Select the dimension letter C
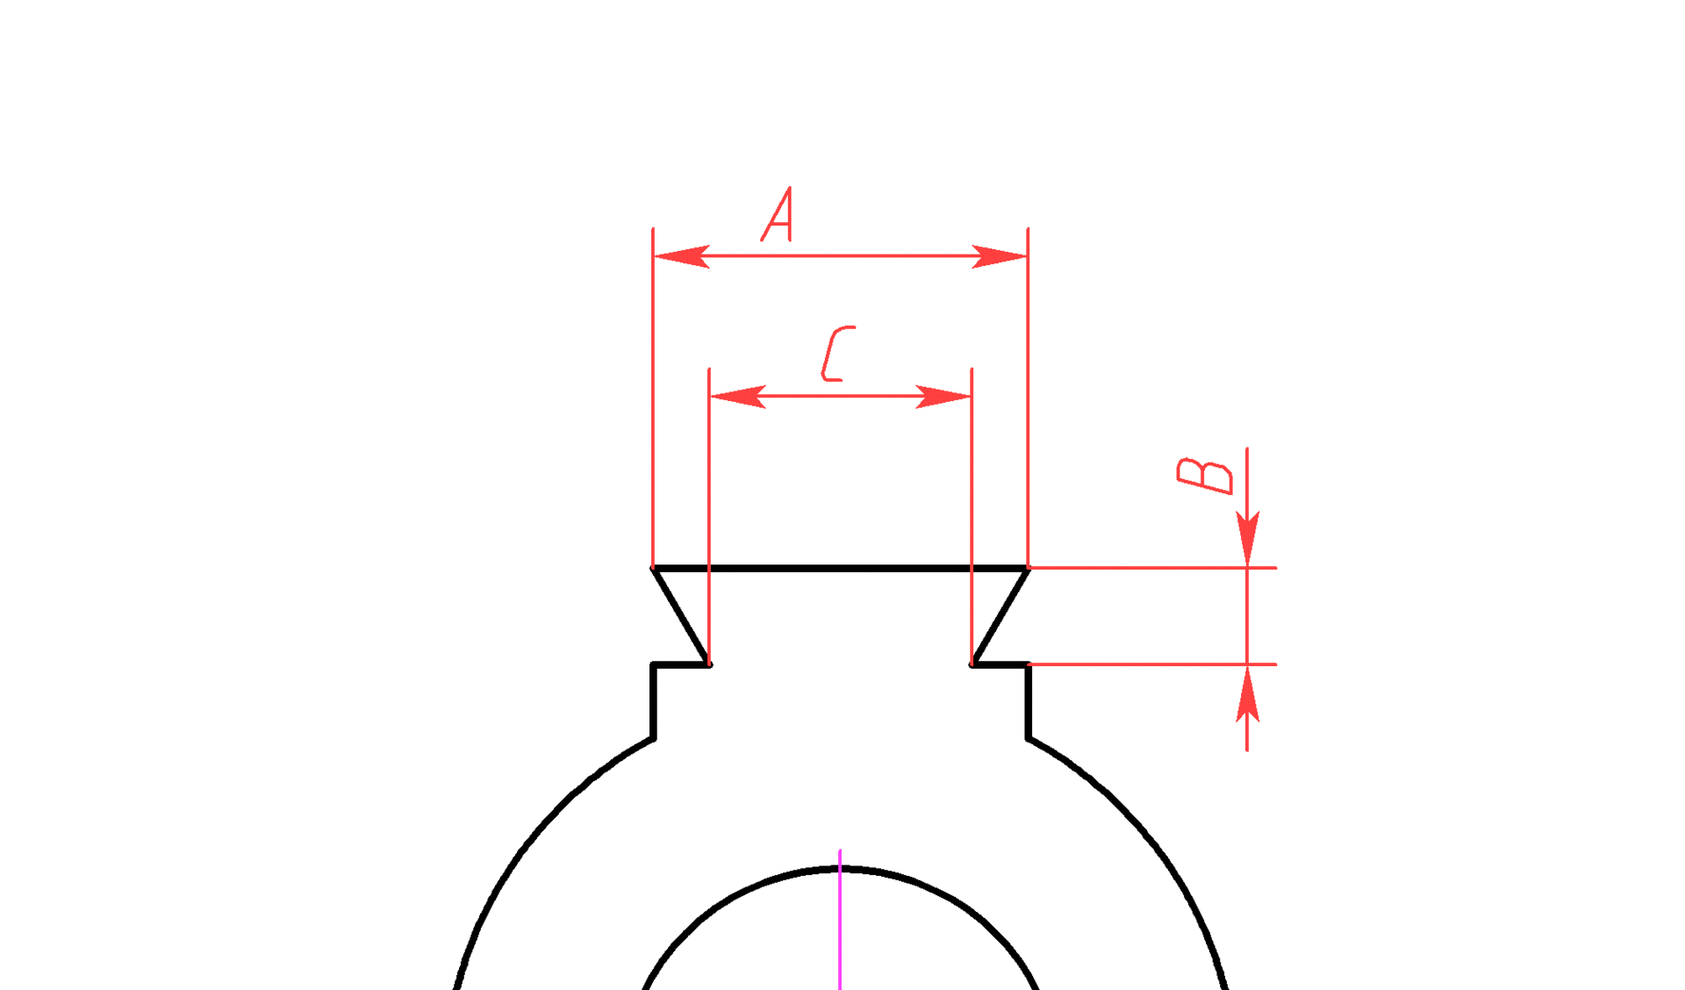838,354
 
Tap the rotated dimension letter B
1205,476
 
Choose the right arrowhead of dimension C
943,396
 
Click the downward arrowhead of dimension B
1247,538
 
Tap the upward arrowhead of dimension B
1247,693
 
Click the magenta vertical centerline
840,920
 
